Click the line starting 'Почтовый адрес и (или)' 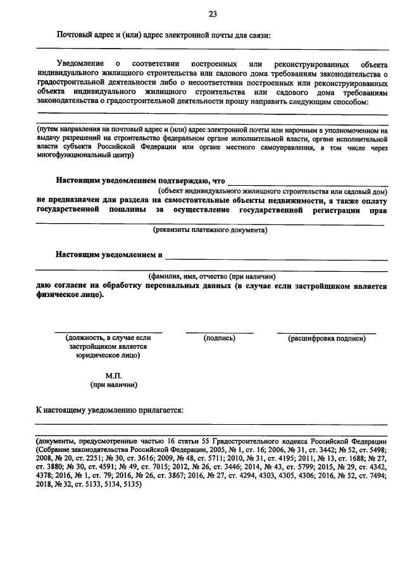pyautogui.click(x=164, y=35)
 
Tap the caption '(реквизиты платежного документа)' pyautogui.click(x=210, y=230)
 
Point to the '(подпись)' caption pyautogui.click(x=220, y=338)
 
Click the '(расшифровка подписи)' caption pyautogui.click(x=327, y=338)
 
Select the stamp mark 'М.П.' pyautogui.click(x=114, y=374)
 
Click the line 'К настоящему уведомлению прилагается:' pyautogui.click(x=109, y=410)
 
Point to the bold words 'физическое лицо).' pyautogui.click(x=70, y=295)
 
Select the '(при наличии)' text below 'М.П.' pyautogui.click(x=114, y=384)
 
